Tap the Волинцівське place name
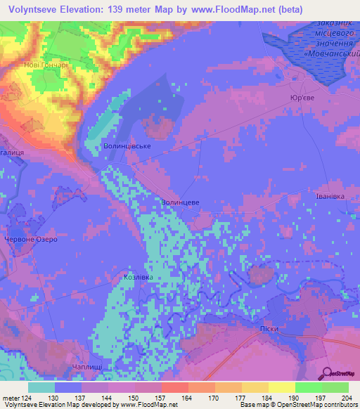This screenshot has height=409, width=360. [x=127, y=146]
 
